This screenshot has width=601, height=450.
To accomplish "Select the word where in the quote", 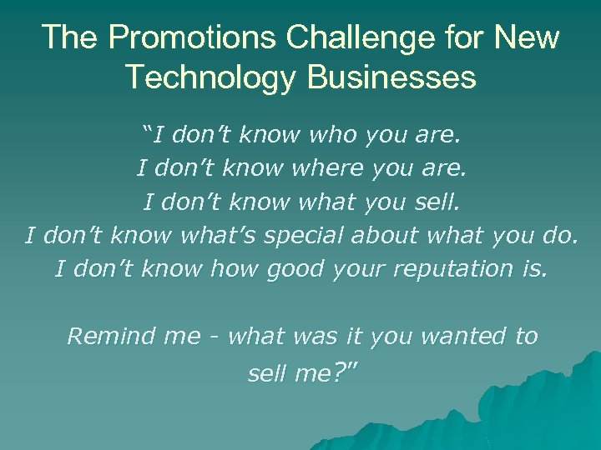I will (x=328, y=167).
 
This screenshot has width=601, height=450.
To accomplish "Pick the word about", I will (x=385, y=235).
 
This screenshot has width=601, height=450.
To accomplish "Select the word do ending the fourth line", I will (x=557, y=235).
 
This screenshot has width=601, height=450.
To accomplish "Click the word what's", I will (x=219, y=235).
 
